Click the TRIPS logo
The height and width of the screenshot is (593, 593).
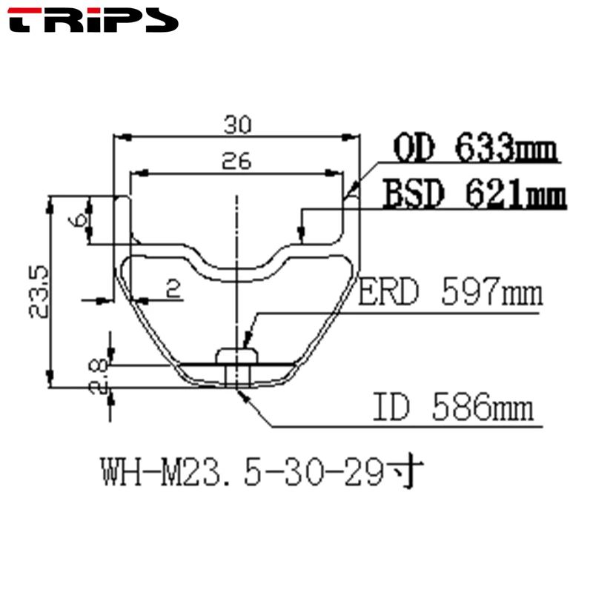point(93,20)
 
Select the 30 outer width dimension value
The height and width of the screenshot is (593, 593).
point(237,125)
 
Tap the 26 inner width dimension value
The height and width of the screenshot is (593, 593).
point(236,161)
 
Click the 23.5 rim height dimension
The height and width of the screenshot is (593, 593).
point(39,292)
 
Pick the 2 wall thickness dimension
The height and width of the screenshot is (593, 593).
point(173,288)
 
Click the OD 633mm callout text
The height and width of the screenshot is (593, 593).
point(476,148)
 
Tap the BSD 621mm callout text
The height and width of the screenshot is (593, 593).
point(474,193)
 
